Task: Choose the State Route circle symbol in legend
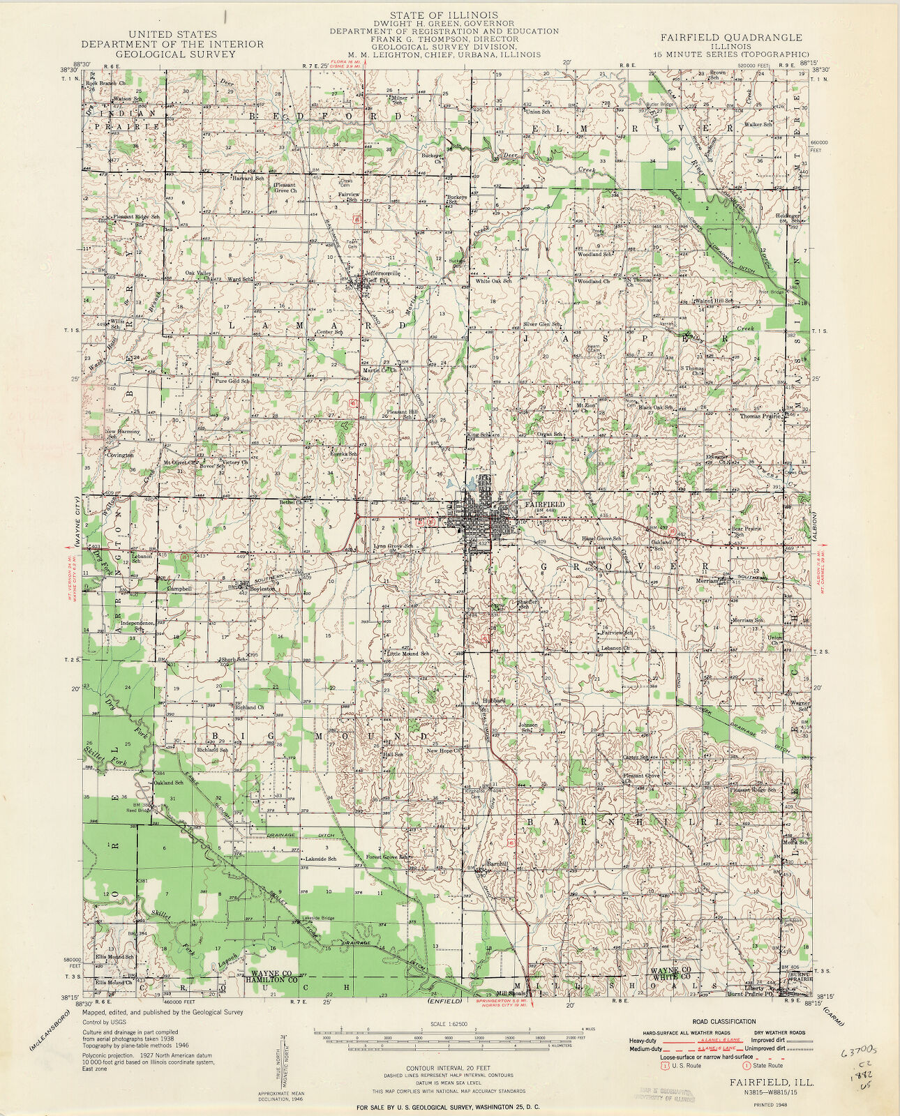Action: (747, 1065)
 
